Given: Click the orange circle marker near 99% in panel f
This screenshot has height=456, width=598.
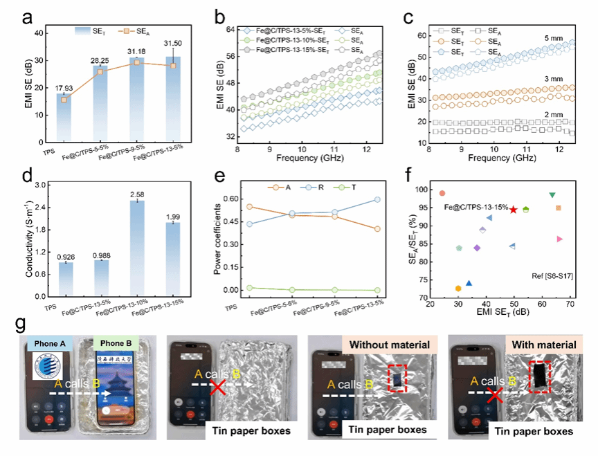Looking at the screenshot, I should [442, 193].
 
